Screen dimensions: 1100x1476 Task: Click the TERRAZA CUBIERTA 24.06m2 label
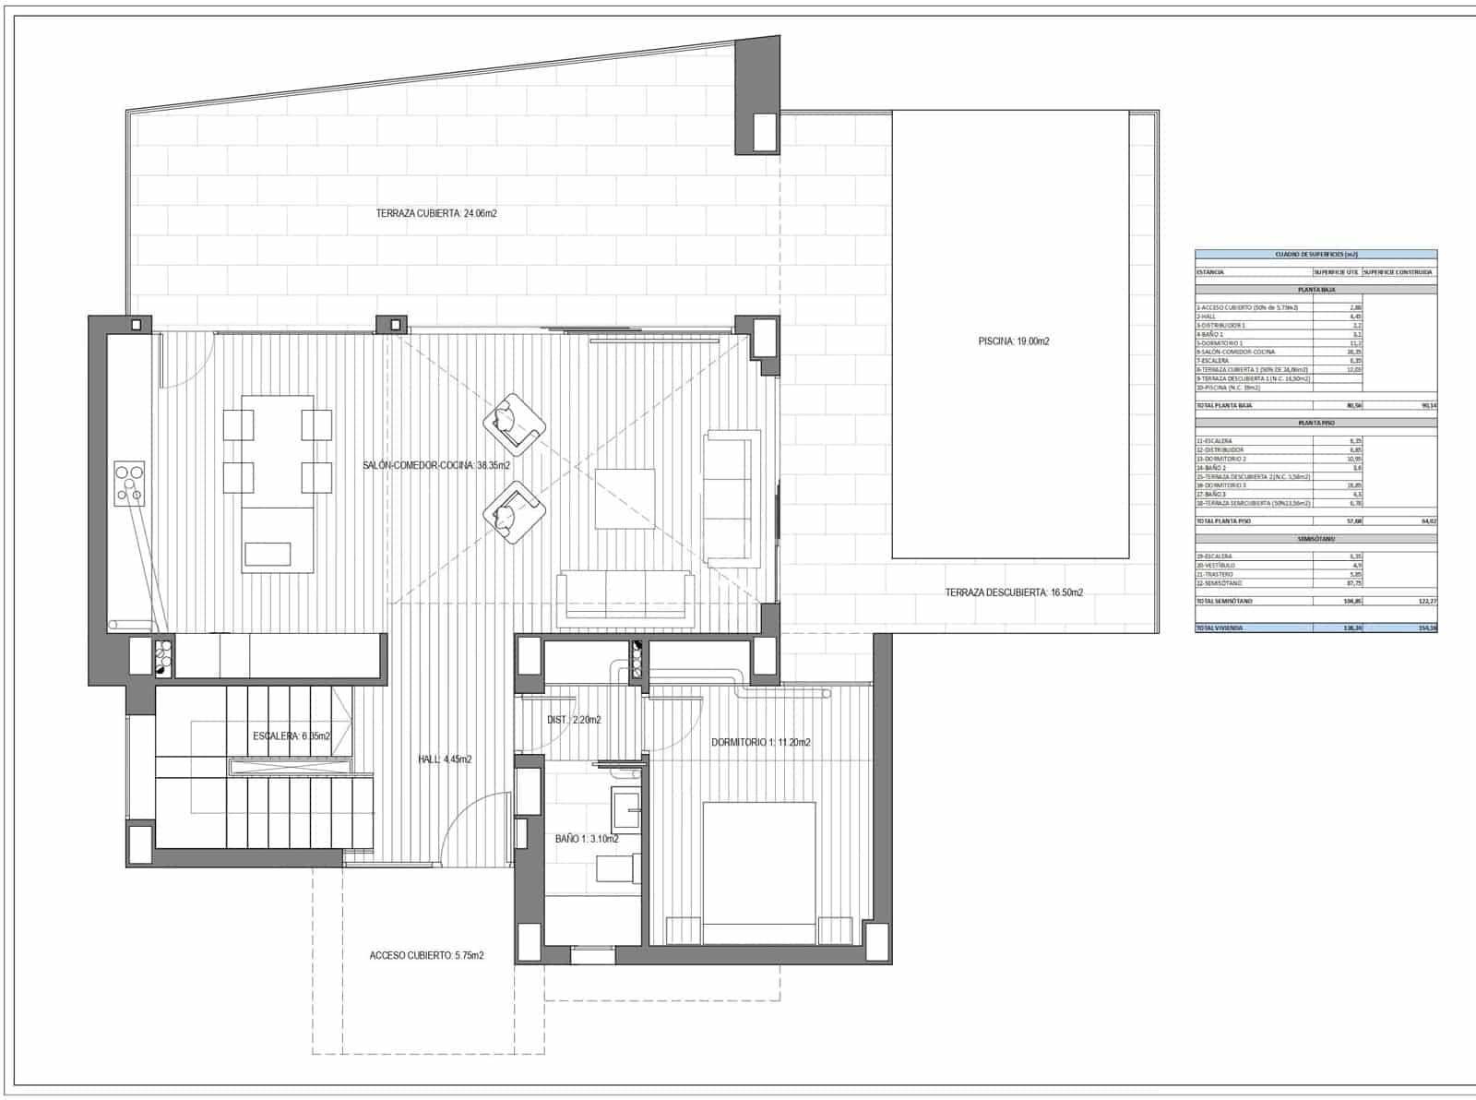pos(436,213)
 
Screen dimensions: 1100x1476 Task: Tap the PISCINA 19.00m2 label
pos(1014,341)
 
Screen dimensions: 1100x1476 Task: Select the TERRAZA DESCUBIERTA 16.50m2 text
pos(1014,592)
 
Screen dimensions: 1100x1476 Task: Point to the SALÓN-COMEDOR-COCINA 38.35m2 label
pos(436,466)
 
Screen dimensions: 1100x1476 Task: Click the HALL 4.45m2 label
pos(445,759)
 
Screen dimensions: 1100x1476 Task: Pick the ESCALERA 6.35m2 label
pos(292,736)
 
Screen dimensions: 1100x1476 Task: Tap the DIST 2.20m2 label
pos(574,720)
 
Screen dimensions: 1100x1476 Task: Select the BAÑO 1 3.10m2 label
pos(587,840)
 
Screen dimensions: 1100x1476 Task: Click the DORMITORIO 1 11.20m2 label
pos(760,743)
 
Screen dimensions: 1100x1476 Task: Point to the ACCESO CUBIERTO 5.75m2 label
pos(426,956)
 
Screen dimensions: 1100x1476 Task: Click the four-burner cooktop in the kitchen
pos(129,484)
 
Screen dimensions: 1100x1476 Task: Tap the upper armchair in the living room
pos(514,424)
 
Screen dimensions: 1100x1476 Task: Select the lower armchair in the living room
pos(514,513)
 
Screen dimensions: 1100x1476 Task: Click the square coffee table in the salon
pos(625,498)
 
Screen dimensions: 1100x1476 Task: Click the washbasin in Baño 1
pos(627,808)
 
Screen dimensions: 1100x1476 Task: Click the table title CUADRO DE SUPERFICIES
pos(1315,254)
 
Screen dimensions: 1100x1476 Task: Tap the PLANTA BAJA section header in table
pos(1315,290)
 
